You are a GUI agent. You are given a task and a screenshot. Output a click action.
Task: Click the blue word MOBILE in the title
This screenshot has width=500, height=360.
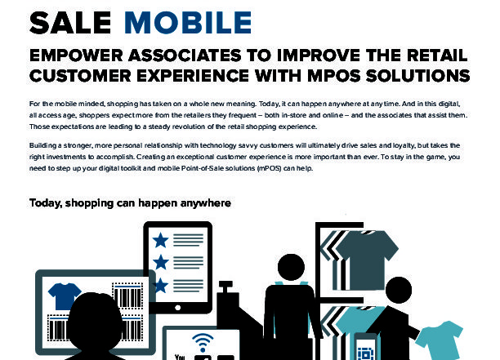pos(188,22)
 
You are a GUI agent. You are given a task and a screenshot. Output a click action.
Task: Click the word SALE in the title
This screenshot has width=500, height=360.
pos(70,22)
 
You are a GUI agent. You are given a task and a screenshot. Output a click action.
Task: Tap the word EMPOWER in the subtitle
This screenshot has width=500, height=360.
pos(76,56)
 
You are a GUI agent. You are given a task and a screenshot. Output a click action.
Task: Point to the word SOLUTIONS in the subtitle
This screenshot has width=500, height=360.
pos(417,76)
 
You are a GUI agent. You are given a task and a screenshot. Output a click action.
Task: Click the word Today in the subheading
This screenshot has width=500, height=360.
pos(45,203)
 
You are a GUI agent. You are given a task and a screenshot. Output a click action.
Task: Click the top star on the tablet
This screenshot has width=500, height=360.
pos(160,240)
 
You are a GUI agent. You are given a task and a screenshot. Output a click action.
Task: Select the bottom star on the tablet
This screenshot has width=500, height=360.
pos(160,286)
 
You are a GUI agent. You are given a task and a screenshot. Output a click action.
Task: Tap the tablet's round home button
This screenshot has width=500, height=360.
pos(178,308)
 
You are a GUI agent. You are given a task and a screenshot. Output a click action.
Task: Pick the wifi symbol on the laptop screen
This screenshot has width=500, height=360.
pos(203,343)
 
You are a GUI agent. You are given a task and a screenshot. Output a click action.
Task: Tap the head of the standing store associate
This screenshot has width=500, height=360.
pos(291,267)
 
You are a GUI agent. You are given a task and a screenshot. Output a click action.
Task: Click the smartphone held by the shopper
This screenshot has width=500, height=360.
pos(366,347)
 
